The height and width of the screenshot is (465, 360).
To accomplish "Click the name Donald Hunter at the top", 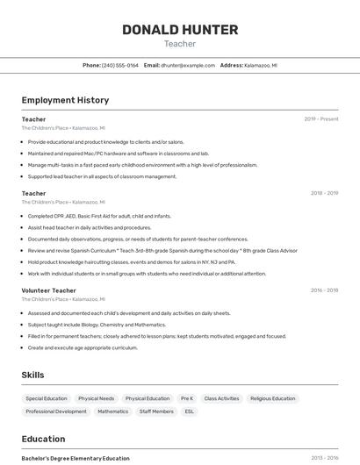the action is [x=180, y=30].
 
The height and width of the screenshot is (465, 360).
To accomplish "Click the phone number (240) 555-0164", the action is [x=120, y=65].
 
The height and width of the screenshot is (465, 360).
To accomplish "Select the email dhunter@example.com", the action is [x=187, y=65].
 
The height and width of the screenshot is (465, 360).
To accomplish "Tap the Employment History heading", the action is [x=65, y=100].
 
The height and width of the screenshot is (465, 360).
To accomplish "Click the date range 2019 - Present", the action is [x=321, y=119].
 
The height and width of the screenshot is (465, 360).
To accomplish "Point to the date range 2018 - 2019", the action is [x=324, y=193].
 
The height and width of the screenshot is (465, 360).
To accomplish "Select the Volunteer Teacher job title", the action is [x=49, y=290].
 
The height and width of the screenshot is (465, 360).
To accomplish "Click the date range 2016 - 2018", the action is [x=324, y=290].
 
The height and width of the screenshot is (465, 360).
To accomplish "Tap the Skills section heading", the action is [x=32, y=375].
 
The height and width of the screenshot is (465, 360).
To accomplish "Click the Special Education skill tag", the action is [x=47, y=398].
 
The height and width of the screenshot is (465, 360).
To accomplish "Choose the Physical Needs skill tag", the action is [x=96, y=398].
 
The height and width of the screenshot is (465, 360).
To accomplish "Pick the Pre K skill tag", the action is [x=187, y=398].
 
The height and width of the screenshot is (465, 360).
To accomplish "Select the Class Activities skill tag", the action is [x=221, y=398].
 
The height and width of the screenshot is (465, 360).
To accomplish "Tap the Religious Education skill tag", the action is [x=272, y=398].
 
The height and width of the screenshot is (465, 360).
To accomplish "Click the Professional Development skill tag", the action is [x=56, y=411].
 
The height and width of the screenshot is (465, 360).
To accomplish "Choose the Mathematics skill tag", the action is [x=112, y=411].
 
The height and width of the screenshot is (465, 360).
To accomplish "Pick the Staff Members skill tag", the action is [x=156, y=411].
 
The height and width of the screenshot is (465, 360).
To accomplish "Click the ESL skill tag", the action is [x=189, y=411].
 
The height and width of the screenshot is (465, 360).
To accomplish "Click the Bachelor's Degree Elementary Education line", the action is [x=76, y=458].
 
